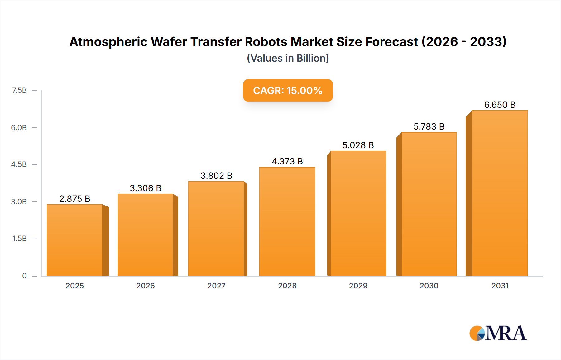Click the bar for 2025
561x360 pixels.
point(75,240)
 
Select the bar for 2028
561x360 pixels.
point(287,221)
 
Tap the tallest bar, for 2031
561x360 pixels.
point(500,193)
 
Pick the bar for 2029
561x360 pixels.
point(358,213)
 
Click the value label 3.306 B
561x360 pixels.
point(146,188)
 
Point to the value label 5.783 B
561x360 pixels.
point(429,126)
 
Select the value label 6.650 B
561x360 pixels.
point(500,105)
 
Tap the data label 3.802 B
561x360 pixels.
point(216,176)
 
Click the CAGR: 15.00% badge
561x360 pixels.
point(288,90)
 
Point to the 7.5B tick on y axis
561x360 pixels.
point(19,90)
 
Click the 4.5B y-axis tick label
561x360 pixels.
point(19,164)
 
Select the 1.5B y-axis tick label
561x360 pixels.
point(19,239)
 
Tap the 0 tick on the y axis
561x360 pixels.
point(24,276)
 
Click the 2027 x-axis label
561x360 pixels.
point(216,286)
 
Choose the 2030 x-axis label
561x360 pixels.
point(429,286)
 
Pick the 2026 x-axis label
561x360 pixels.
point(146,286)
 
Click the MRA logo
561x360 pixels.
point(498,333)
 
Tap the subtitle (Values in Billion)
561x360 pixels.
point(288,58)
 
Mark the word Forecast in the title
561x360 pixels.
point(391,42)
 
